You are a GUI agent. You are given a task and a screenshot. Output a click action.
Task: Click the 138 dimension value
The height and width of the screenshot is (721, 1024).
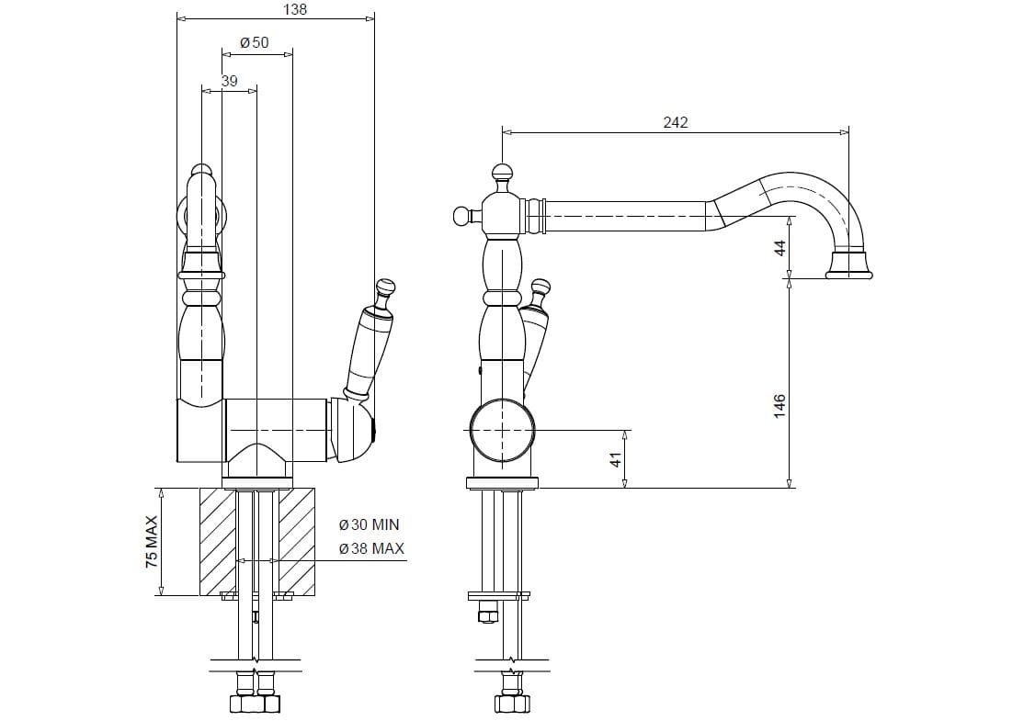point(294,10)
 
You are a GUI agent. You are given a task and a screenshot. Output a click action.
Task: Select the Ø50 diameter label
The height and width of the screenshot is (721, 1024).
point(254,43)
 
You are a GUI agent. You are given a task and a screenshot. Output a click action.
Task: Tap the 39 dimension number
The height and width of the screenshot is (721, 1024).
point(229,81)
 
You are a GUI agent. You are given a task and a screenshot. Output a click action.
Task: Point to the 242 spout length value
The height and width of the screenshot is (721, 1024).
point(675,122)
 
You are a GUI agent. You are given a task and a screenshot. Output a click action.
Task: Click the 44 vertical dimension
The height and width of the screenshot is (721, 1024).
point(780,247)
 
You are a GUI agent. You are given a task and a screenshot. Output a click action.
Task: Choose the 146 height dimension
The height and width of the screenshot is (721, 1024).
point(779,405)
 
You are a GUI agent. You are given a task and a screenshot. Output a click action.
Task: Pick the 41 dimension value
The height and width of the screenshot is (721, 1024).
point(616,459)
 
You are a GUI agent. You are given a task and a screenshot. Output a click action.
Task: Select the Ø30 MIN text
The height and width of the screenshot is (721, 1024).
point(370,524)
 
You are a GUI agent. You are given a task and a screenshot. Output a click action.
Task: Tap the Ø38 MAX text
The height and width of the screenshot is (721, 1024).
point(371,549)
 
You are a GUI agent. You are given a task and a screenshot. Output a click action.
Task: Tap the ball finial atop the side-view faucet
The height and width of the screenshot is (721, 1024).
point(502,172)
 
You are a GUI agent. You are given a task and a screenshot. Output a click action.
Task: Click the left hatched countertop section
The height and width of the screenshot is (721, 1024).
point(217,541)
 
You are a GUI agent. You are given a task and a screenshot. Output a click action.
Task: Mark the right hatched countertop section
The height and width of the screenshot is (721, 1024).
point(297,541)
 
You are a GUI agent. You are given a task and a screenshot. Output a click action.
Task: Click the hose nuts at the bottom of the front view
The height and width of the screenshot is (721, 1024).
point(254,704)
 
